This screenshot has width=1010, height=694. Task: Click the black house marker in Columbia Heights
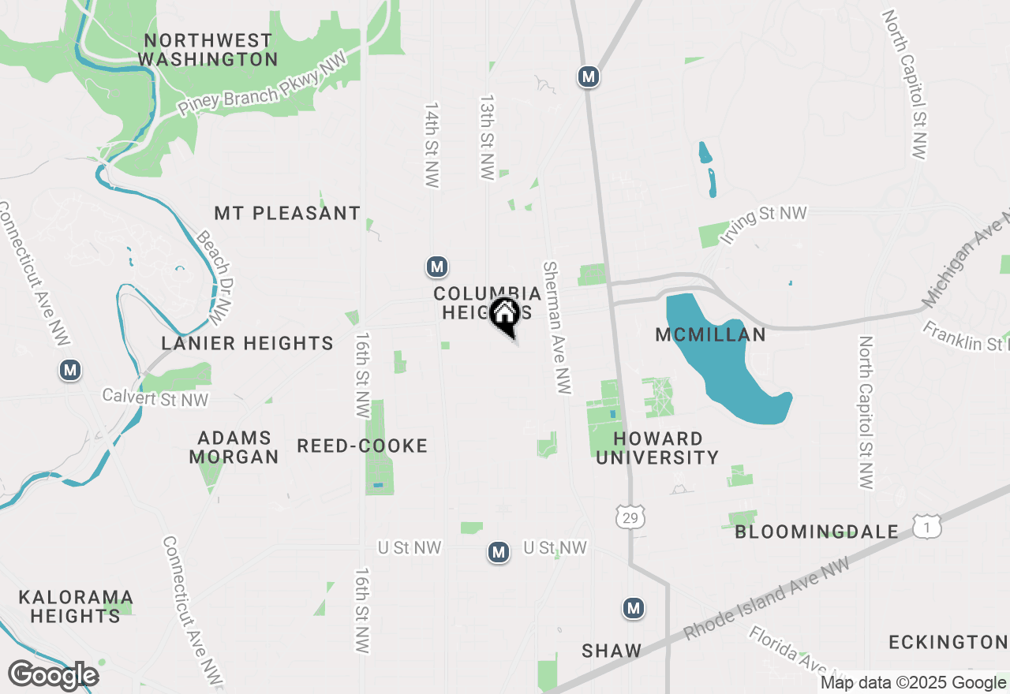pyautogui.click(x=505, y=315)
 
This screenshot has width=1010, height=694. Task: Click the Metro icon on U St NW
pyautogui.click(x=498, y=552)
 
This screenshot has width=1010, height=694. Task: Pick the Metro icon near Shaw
pyautogui.click(x=633, y=608)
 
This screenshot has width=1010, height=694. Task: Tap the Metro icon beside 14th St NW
pyautogui.click(x=437, y=267)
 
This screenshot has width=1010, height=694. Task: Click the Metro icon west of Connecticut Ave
pyautogui.click(x=71, y=369)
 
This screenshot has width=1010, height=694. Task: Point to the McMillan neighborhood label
pyautogui.click(x=710, y=335)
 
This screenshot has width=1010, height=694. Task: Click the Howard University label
pyautogui.click(x=657, y=448)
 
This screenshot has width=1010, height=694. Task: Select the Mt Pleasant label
pyautogui.click(x=287, y=213)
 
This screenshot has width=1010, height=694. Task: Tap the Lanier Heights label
pyautogui.click(x=247, y=343)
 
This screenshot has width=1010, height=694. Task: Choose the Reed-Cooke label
pyautogui.click(x=362, y=446)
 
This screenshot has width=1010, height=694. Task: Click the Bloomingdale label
pyautogui.click(x=817, y=532)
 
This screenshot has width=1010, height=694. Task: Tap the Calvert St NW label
pyautogui.click(x=155, y=399)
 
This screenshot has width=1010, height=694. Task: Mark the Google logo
pyautogui.click(x=53, y=676)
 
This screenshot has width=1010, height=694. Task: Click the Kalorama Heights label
pyautogui.click(x=76, y=606)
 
